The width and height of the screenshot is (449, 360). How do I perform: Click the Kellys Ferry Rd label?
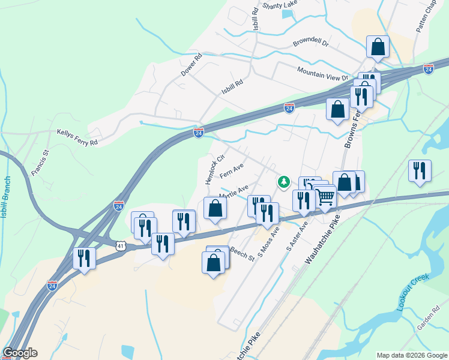(76, 136)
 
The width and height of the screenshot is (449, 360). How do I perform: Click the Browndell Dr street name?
(311, 43)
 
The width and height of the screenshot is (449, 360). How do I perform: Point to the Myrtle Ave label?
(234, 193)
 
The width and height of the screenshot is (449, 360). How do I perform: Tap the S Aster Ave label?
(297, 235)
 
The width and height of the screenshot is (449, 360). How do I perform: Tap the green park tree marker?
(283, 181)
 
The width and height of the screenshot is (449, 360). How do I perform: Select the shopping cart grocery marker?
(325, 196)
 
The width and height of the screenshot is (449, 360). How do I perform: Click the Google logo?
(20, 353)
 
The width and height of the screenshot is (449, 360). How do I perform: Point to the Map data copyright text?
(412, 355)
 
